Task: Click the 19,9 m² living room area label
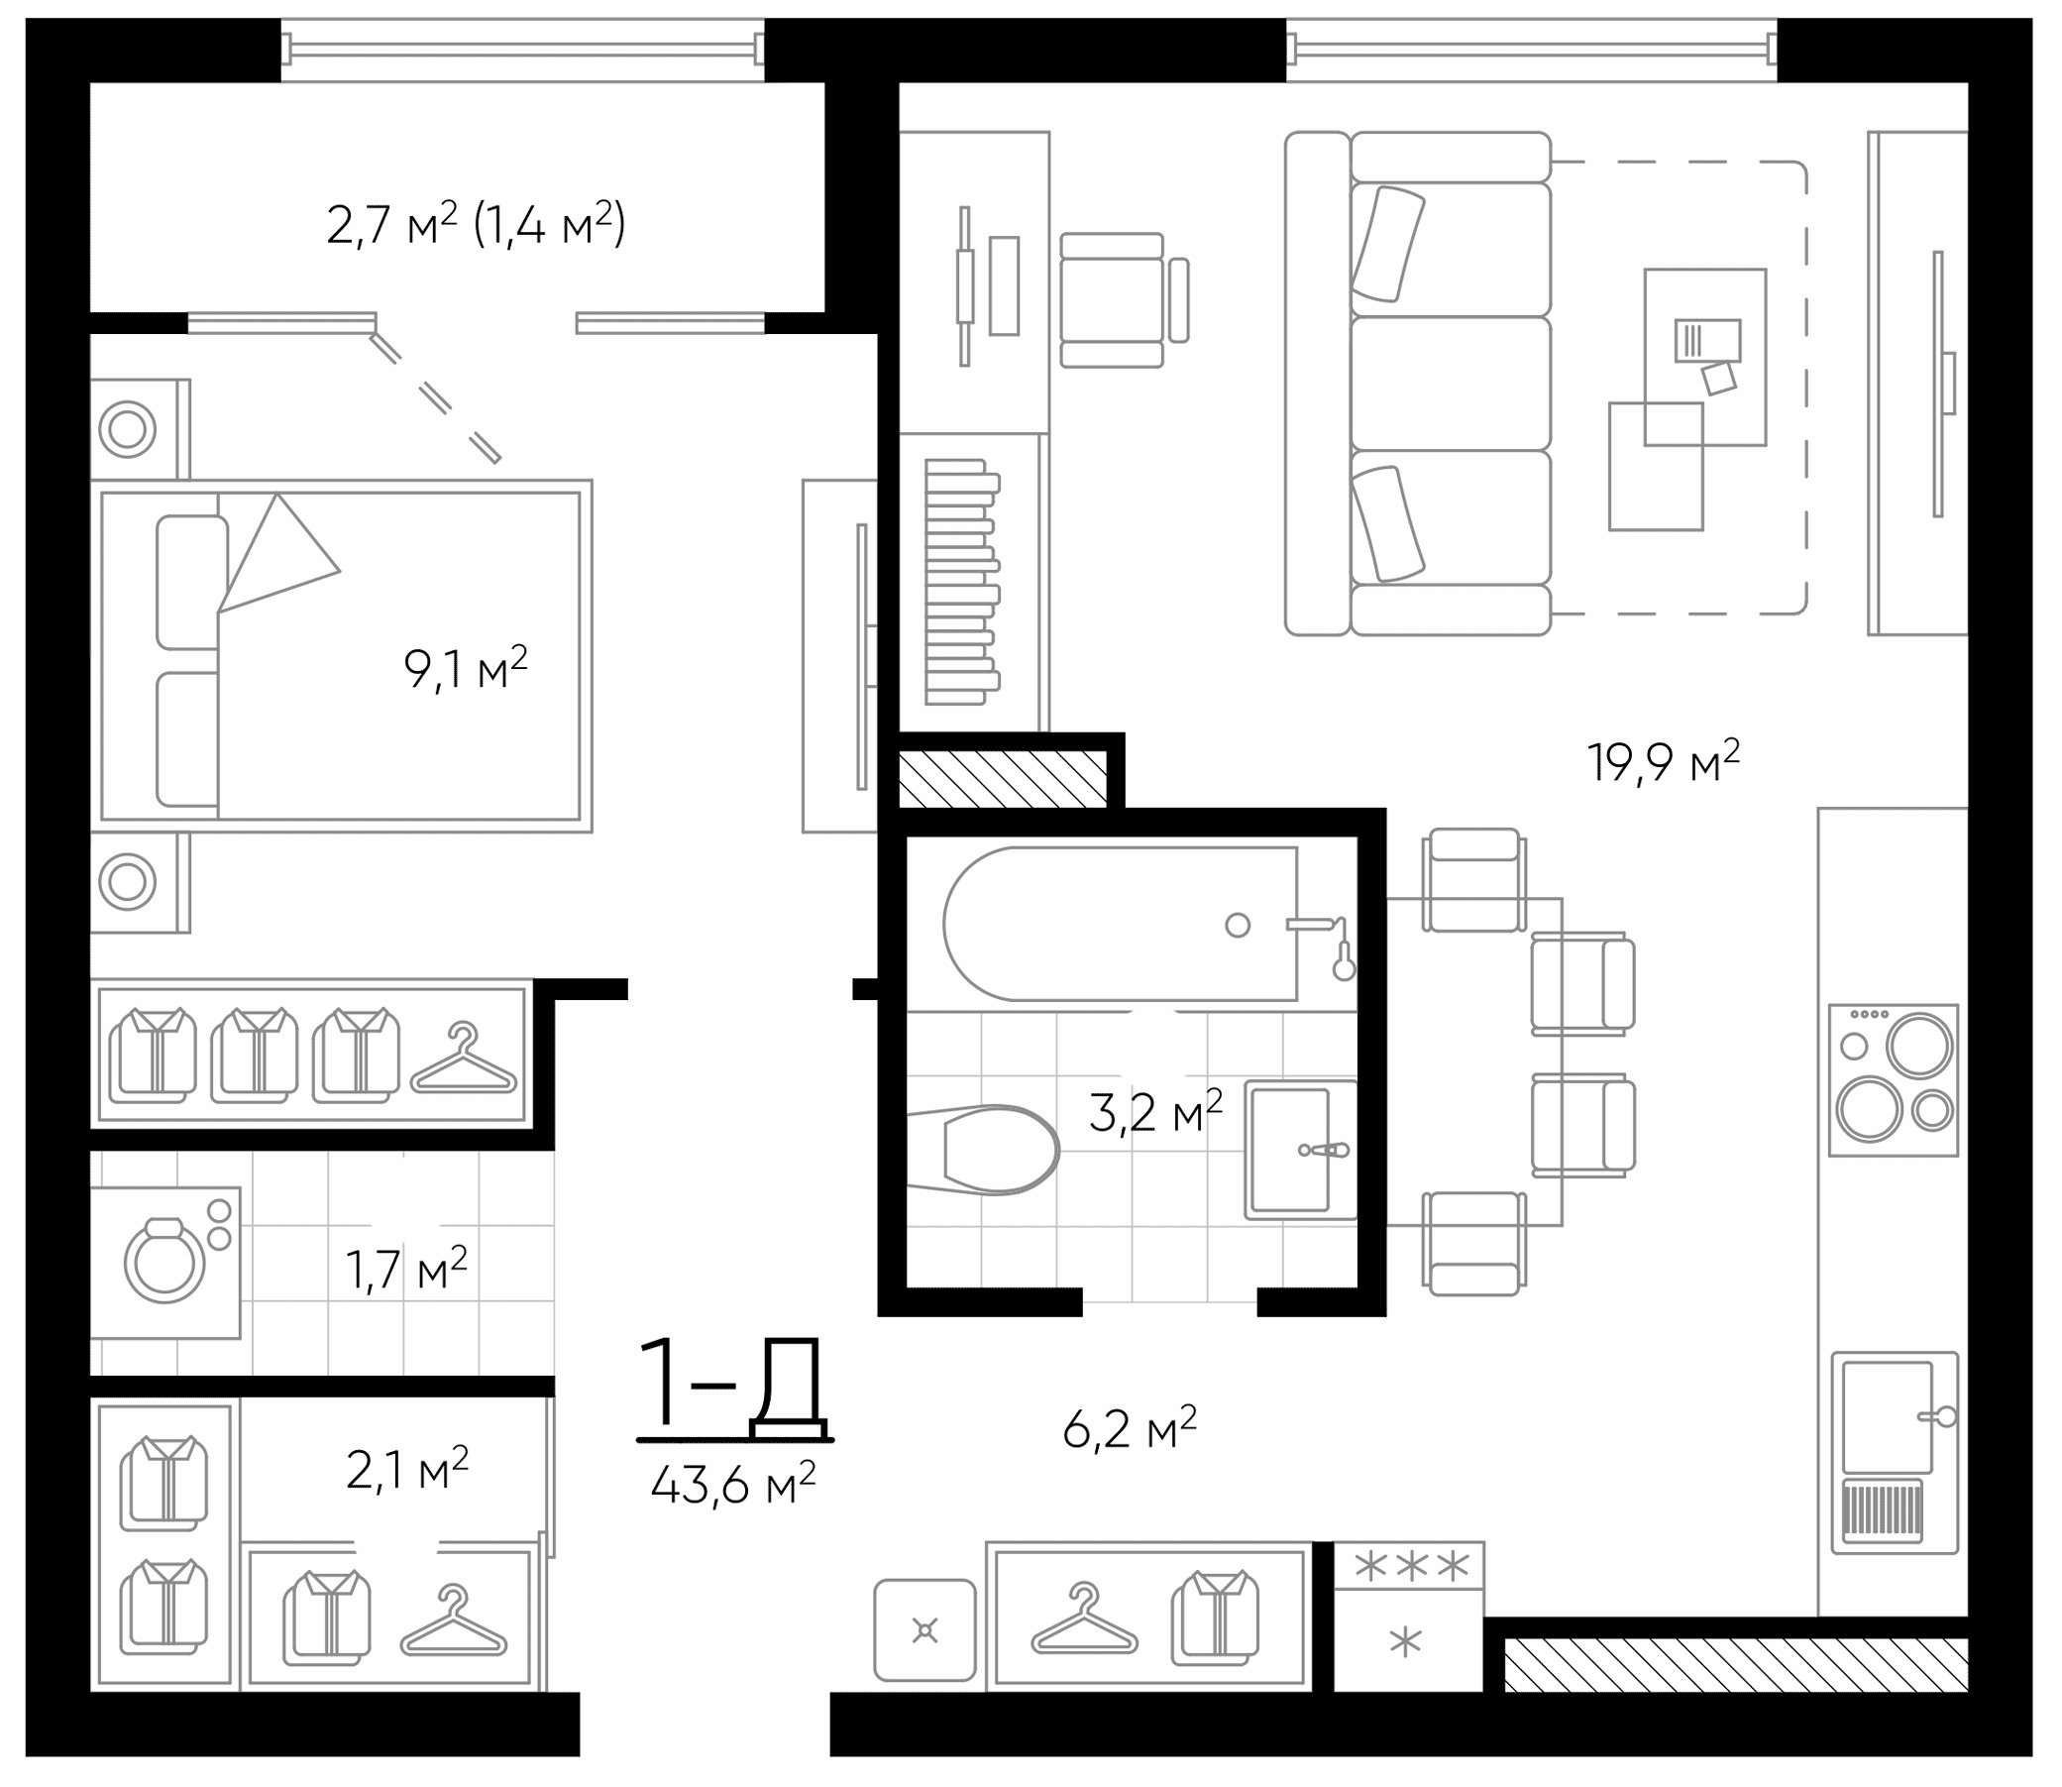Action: click(1663, 763)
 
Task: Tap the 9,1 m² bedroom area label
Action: click(466, 668)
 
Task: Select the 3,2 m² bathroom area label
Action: click(1155, 1112)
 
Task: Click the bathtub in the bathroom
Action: click(1122, 925)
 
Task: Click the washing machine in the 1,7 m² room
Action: click(165, 1262)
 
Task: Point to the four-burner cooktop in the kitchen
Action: click(1893, 1079)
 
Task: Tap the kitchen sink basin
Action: click(1887, 1416)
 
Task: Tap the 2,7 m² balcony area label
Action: click(476, 224)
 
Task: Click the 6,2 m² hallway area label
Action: click(1129, 1429)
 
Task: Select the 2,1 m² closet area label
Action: click(407, 1469)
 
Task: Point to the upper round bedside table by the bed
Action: click(128, 430)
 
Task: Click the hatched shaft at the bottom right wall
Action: click(1735, 1666)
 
